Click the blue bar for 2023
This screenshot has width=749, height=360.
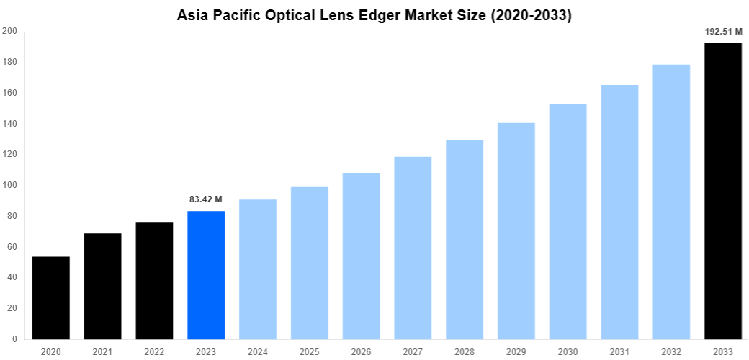(x=206, y=274)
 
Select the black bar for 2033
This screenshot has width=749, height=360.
(x=722, y=191)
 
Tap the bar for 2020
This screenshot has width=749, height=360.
(x=51, y=297)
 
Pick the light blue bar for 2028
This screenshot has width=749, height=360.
(x=465, y=239)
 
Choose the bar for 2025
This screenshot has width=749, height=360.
(x=309, y=263)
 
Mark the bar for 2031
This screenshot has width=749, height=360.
(x=619, y=212)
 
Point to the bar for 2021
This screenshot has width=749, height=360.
(x=102, y=286)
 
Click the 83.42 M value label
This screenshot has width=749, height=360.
(x=206, y=199)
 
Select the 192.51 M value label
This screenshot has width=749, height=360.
(x=722, y=32)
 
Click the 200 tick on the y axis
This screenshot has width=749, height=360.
(x=10, y=32)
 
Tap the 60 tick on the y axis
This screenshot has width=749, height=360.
(x=12, y=247)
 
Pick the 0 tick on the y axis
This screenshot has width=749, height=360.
(x=15, y=338)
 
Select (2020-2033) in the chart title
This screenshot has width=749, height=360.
(x=530, y=15)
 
